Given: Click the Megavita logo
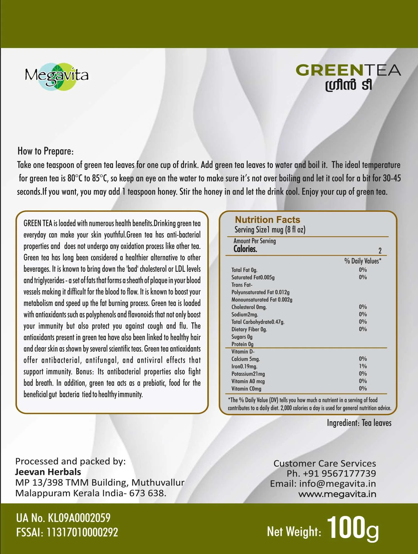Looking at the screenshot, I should pyautogui.click(x=57, y=76).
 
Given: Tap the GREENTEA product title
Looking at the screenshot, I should pyautogui.click(x=348, y=70).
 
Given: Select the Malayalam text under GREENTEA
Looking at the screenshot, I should pyautogui.click(x=349, y=85).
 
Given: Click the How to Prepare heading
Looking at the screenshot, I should pyautogui.click(x=46, y=151).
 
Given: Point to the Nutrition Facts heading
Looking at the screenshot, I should pyautogui.click(x=267, y=220).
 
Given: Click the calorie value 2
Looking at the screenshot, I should pyautogui.click(x=380, y=251).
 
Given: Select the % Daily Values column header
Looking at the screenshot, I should pyautogui.click(x=362, y=261).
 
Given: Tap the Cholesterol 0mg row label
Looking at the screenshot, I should pyautogui.click(x=249, y=307).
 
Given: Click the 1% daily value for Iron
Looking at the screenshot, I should pyautogui.click(x=363, y=366).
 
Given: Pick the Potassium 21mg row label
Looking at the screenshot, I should pyautogui.click(x=248, y=374).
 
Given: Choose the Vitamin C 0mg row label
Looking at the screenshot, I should pyautogui.click(x=246, y=389).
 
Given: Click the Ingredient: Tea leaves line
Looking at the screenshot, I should pyautogui.click(x=359, y=423).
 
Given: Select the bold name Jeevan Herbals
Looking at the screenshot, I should pyautogui.click(x=48, y=472).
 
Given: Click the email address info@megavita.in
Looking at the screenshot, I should pyautogui.click(x=337, y=484).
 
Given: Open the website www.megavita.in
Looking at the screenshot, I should pyautogui.click(x=337, y=494).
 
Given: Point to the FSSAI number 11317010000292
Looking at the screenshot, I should pyautogui.click(x=82, y=532).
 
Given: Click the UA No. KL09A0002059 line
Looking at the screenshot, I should pyautogui.click(x=63, y=518).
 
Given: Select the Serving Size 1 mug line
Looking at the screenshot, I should pyautogui.click(x=270, y=230).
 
